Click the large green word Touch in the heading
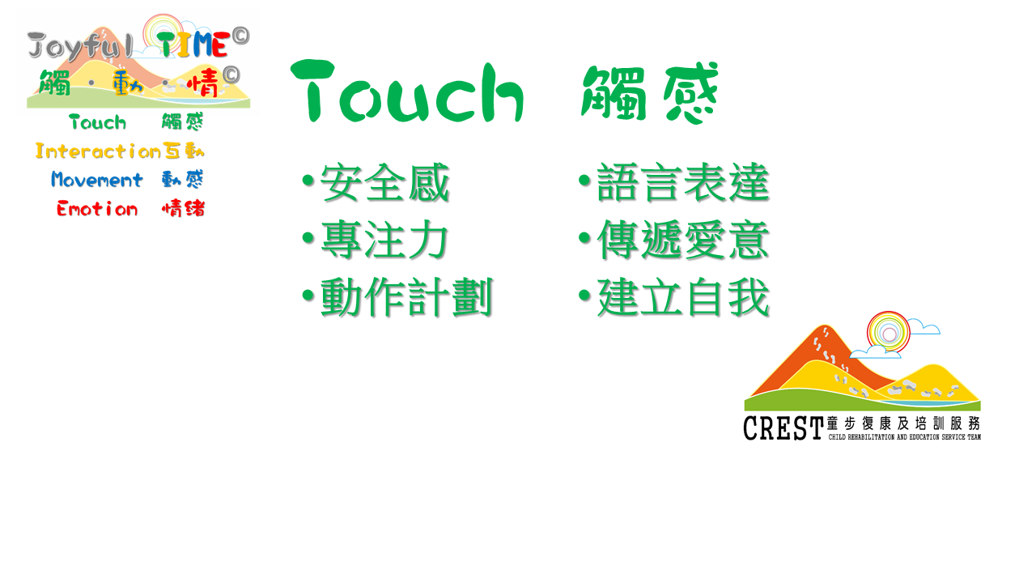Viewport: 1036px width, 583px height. (407, 91)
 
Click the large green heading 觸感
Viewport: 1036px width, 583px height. (650, 93)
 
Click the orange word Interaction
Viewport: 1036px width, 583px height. (98, 151)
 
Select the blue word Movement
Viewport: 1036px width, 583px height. (96, 180)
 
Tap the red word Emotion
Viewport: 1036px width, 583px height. (97, 209)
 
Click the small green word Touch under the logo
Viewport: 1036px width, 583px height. (98, 122)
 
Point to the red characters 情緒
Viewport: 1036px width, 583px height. (183, 209)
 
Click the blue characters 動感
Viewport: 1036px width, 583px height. (183, 180)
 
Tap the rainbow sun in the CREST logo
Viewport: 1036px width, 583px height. (888, 332)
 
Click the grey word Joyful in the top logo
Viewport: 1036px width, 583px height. (79, 45)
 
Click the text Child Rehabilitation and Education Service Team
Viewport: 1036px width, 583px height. (905, 436)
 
